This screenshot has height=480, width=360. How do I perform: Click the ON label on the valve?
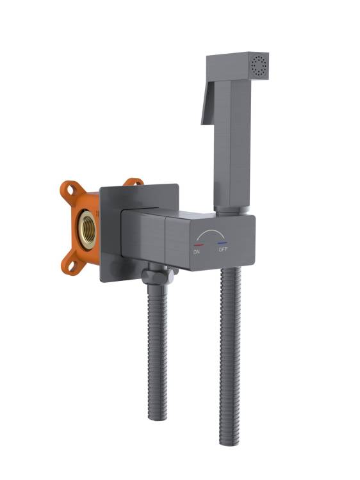point(197,252)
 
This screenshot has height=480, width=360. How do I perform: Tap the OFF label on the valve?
point(223,249)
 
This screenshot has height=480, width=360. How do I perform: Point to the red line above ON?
point(199,245)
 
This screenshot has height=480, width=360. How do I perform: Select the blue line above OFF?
point(222,243)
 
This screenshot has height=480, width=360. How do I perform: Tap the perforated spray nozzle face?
point(259,66)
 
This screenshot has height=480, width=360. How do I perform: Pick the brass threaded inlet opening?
point(87,229)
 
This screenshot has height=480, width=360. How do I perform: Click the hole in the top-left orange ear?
point(70,190)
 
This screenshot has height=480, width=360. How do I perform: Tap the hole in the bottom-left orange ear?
point(71,266)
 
